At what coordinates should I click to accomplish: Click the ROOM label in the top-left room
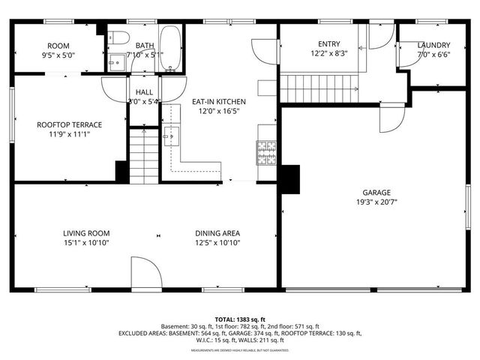point(58,45)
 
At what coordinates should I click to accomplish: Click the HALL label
point(144,92)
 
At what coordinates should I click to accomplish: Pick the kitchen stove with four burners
point(265,153)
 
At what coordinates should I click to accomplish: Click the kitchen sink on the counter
point(169,135)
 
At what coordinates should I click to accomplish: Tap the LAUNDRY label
point(433,45)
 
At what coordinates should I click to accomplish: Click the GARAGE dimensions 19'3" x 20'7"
point(376,202)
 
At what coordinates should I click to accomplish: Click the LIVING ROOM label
point(86,233)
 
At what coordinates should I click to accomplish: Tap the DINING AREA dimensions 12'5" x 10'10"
point(217,243)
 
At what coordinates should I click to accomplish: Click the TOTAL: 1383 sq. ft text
point(239,319)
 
